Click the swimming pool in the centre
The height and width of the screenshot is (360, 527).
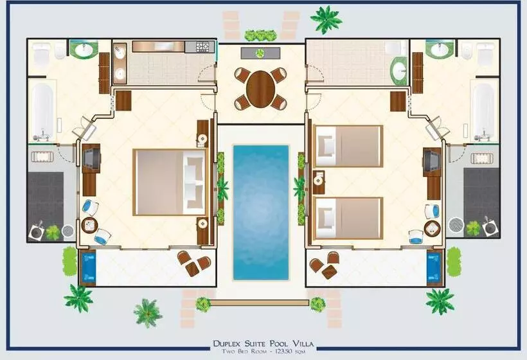pos(261,212)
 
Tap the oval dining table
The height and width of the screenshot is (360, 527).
pos(260,89)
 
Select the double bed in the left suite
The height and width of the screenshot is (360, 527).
pos(170,182)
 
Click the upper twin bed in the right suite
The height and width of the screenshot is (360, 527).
pos(348,146)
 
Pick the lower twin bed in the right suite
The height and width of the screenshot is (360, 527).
pos(348,218)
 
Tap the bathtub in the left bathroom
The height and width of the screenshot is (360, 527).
pos(42,112)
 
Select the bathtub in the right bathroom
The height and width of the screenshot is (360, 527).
pos(484,112)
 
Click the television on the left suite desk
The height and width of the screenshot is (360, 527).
pos(92,159)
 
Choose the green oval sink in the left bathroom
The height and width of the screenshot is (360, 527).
pos(85,50)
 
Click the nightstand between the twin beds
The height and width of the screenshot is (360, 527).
pos(319,182)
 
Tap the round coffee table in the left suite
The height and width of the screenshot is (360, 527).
pos(89,225)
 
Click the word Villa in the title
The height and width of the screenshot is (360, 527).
pos(303,343)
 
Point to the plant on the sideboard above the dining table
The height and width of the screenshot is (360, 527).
pos(260,53)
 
